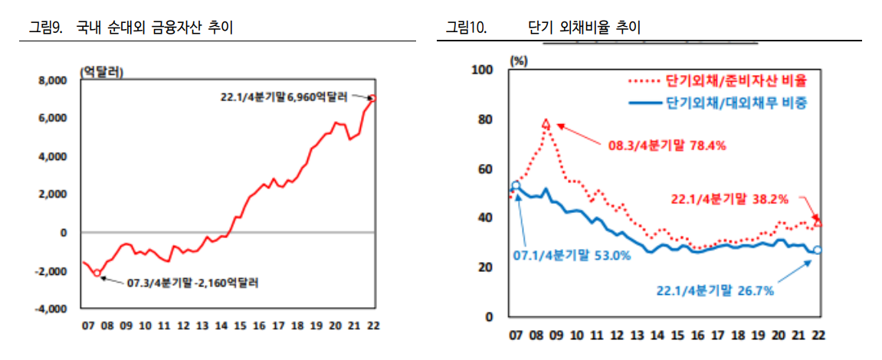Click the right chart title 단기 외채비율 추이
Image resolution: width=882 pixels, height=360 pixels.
[x=585, y=28]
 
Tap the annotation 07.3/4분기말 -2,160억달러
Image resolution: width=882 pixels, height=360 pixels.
[x=192, y=283]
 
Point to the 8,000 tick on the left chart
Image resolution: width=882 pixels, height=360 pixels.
[x=51, y=80]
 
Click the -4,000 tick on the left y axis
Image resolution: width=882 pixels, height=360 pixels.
[x=51, y=309]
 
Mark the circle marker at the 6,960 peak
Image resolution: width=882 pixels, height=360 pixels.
[x=373, y=98]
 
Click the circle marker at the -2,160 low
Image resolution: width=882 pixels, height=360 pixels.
[x=97, y=273]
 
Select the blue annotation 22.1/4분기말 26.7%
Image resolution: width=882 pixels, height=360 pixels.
[x=715, y=290]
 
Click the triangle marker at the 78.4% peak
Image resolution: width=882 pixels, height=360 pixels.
[x=546, y=123]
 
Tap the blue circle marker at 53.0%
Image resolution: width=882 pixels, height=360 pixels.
[x=516, y=185]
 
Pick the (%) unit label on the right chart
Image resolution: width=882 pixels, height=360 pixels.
[x=519, y=60]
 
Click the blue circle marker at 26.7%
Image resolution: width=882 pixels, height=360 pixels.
[x=818, y=250]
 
